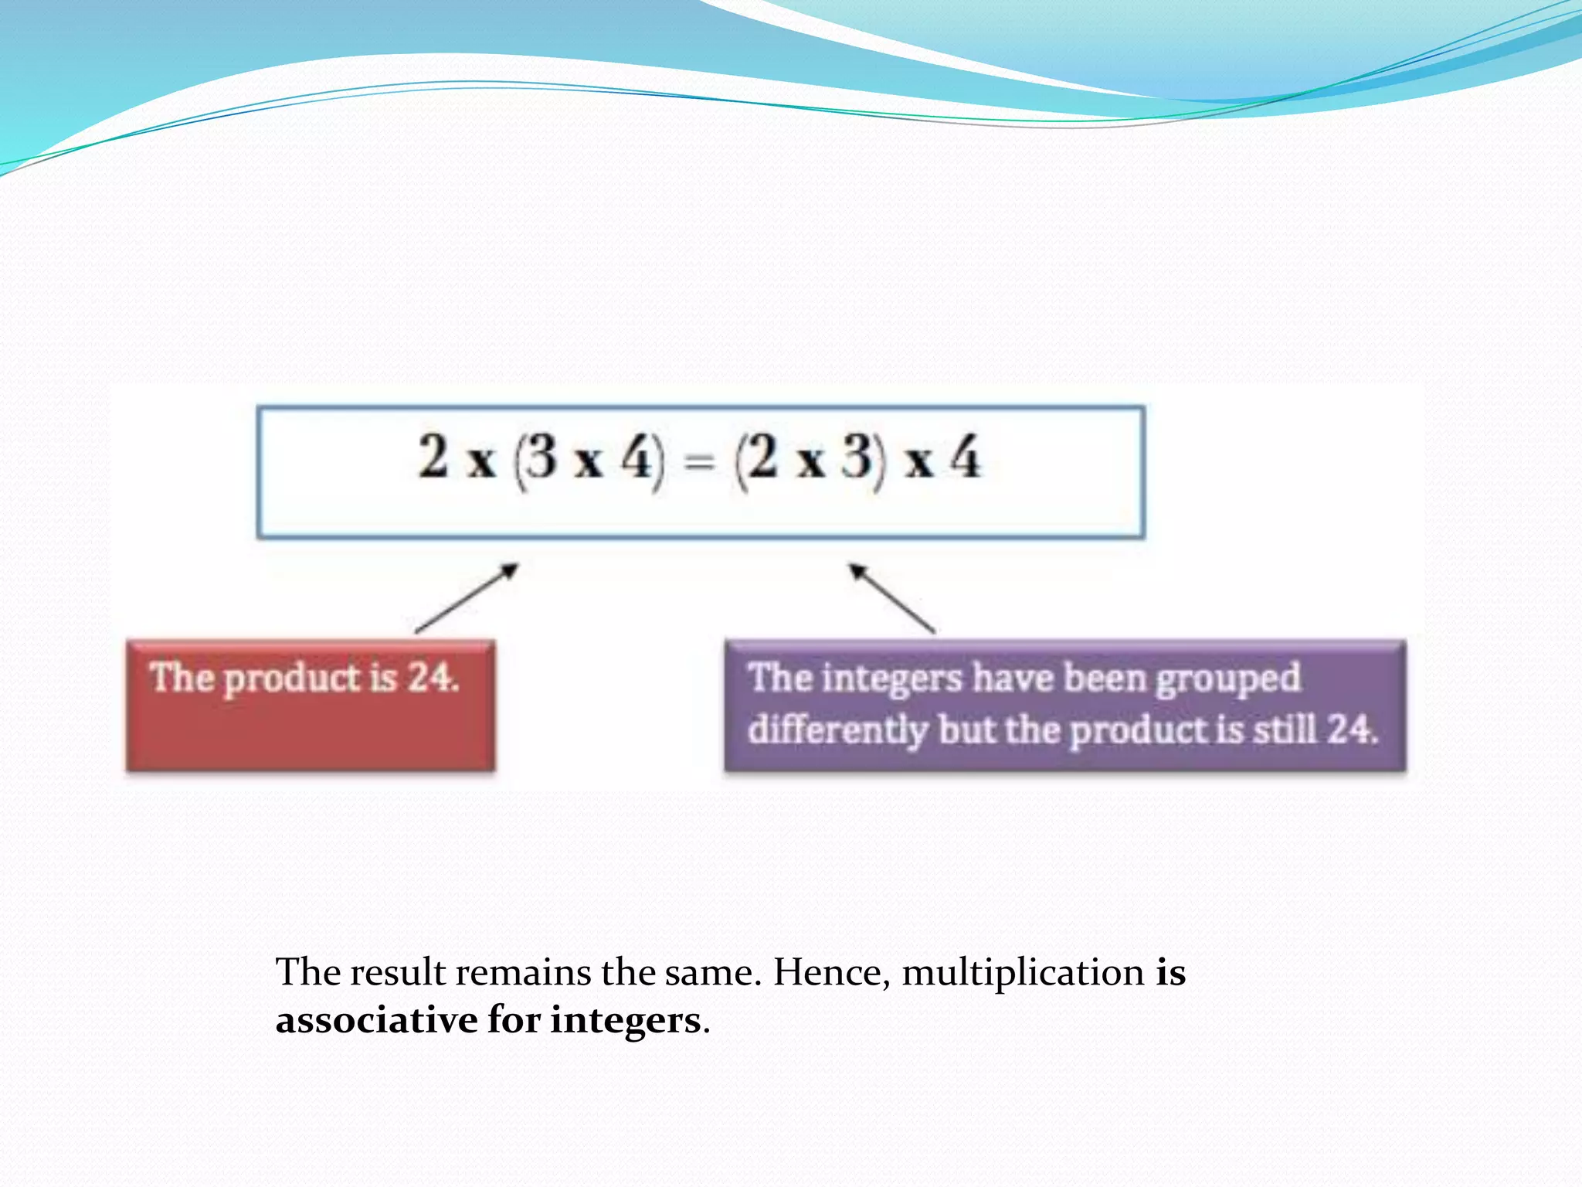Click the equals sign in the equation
pyautogui.click(x=699, y=463)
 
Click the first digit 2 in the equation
pyautogui.click(x=433, y=457)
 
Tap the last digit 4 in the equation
pyautogui.click(x=966, y=457)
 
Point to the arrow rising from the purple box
pyautogui.click(x=892, y=598)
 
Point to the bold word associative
pyautogui.click(x=376, y=1021)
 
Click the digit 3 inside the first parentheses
pyautogui.click(x=541, y=457)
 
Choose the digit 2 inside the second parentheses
pyautogui.click(x=763, y=457)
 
